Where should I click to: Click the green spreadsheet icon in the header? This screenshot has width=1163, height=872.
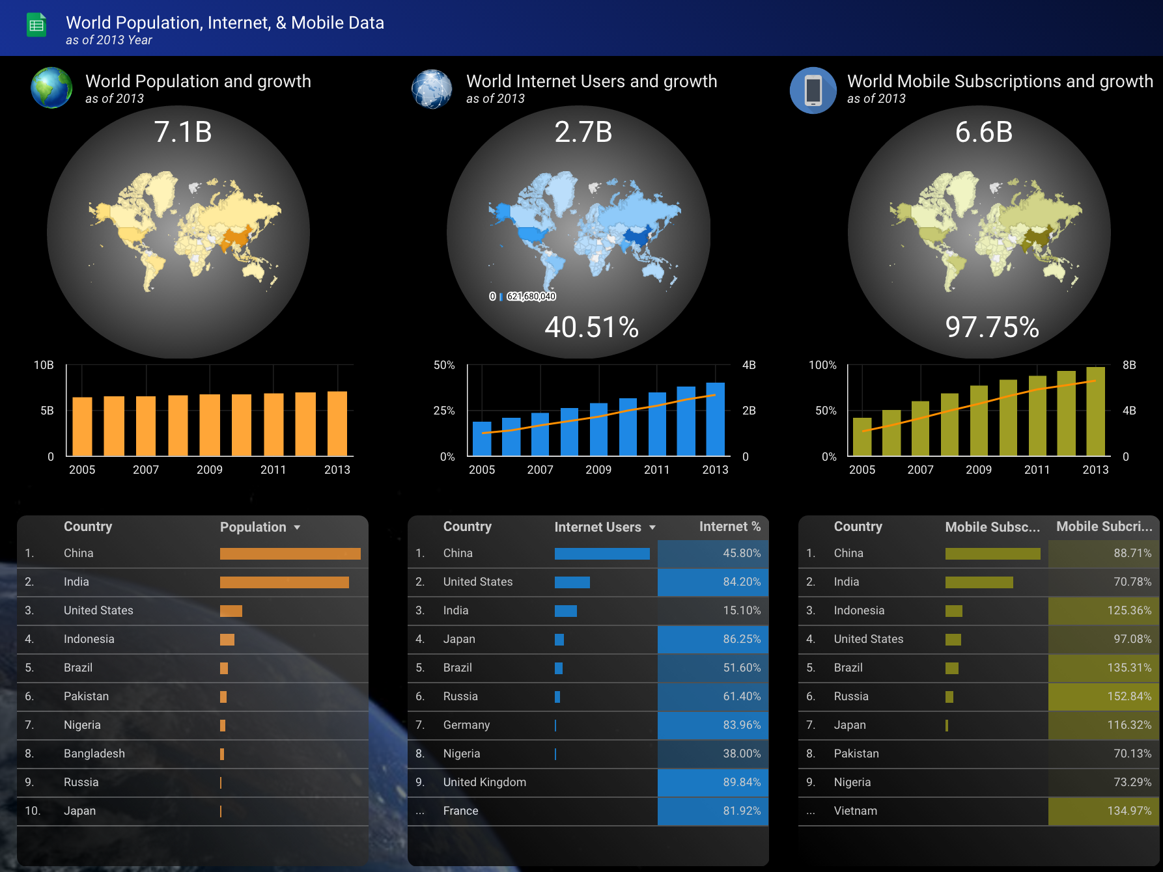coord(36,25)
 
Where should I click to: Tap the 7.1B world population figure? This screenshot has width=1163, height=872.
coord(183,132)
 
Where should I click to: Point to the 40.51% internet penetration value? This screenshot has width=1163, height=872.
coord(591,327)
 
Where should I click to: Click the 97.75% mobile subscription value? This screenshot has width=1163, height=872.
coord(992,327)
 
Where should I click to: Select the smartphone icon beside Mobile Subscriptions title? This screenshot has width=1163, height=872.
coord(813,90)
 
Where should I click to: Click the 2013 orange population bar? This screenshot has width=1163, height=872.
coord(337,424)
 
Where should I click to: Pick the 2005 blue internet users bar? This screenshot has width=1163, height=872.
coord(482,439)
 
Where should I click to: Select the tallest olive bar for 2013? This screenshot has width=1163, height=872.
coord(1095,411)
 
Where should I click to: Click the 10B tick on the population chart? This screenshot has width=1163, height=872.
coord(44,365)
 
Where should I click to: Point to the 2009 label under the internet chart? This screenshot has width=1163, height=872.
coord(598,470)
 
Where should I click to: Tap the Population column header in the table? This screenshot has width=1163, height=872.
coord(253,527)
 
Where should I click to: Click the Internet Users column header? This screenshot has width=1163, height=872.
coord(598,527)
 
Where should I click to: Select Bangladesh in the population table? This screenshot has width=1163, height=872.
coord(94,754)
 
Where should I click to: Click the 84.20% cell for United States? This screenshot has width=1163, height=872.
coord(742,582)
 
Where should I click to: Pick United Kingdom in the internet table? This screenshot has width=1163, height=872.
coord(484,782)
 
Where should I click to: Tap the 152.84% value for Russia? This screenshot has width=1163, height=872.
coord(1129,696)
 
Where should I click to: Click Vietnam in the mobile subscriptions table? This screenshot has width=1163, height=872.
coord(856,811)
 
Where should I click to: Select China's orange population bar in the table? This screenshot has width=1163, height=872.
coord(290,554)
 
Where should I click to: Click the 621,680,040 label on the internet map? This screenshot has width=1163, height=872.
coord(531,297)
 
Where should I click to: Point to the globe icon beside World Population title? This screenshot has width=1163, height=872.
coord(51,88)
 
